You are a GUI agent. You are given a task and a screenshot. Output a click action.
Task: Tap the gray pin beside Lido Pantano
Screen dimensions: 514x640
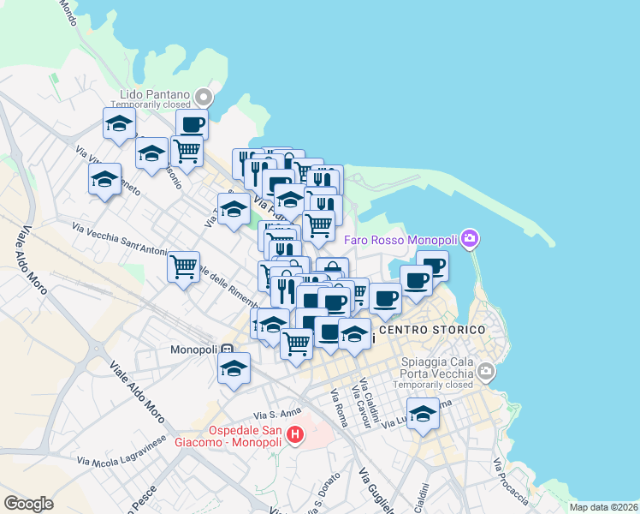coord(204,95)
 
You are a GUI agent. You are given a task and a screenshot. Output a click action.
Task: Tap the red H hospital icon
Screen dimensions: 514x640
coord(295,435)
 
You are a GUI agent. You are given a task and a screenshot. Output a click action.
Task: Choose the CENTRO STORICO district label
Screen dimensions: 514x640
coord(431,330)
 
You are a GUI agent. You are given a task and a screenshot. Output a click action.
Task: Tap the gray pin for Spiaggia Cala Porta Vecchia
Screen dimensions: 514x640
coord(486,372)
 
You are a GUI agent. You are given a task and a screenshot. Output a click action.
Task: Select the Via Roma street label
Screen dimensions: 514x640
coord(340,409)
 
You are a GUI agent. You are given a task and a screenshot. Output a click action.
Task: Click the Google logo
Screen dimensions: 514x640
coord(29,504)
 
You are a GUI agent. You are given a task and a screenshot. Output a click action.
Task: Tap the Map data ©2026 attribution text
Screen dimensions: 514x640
coord(604,507)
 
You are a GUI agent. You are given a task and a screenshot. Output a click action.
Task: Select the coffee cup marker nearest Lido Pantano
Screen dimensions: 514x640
coord(192,124)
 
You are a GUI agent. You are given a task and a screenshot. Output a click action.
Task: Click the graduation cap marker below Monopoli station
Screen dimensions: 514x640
coord(234,368)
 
